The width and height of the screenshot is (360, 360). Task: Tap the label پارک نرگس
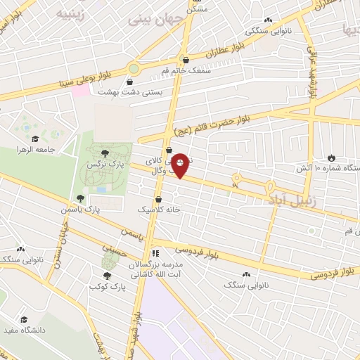click(101, 163)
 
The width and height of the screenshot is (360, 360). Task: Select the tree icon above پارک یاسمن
click(79, 198)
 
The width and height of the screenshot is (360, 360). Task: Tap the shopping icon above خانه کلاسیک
click(159, 199)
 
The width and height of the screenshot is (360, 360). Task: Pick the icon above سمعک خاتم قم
click(184, 60)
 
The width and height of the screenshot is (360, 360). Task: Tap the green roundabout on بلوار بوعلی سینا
click(134, 69)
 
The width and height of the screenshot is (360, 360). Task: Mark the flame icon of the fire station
click(331, 157)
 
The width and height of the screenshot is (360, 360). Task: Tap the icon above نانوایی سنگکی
click(267, 20)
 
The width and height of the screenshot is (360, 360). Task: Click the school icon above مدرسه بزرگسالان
click(155, 252)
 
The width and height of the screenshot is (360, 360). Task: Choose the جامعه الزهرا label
click(35, 149)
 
